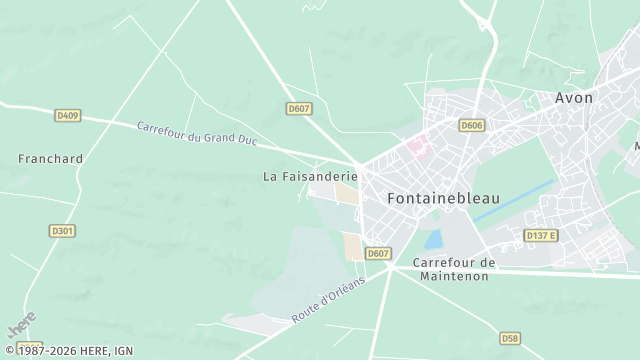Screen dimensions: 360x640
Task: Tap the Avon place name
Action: tap(574, 98)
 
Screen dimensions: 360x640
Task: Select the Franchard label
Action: tap(50, 159)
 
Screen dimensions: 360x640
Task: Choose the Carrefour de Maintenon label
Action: tap(454, 269)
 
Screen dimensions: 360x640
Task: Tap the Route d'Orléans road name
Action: tap(328, 297)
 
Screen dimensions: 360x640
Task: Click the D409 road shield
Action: tap(67, 116)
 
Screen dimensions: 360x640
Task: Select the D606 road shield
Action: tap(472, 125)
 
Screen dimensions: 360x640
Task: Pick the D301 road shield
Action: tap(62, 231)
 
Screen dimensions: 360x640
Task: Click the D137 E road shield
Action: tap(540, 235)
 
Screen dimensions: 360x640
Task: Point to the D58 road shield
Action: tap(510, 338)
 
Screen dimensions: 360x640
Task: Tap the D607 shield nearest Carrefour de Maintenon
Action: tap(377, 254)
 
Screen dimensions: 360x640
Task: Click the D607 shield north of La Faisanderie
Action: tap(298, 108)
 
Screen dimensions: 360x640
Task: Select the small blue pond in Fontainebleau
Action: tap(434, 239)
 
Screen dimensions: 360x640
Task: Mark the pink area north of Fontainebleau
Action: tap(415, 148)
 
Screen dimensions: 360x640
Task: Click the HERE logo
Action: tap(21, 326)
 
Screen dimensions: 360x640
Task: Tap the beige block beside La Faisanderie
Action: tap(345, 192)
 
